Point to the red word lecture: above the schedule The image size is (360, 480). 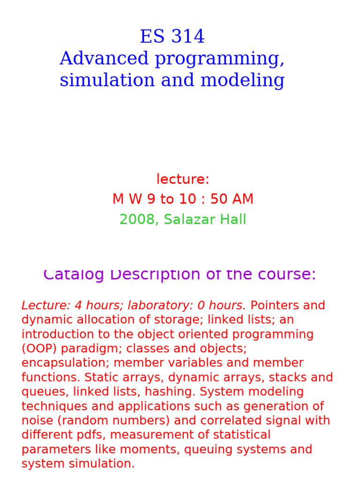click(183, 179)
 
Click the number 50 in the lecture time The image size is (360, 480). click(217, 199)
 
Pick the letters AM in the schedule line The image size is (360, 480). click(242, 199)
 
